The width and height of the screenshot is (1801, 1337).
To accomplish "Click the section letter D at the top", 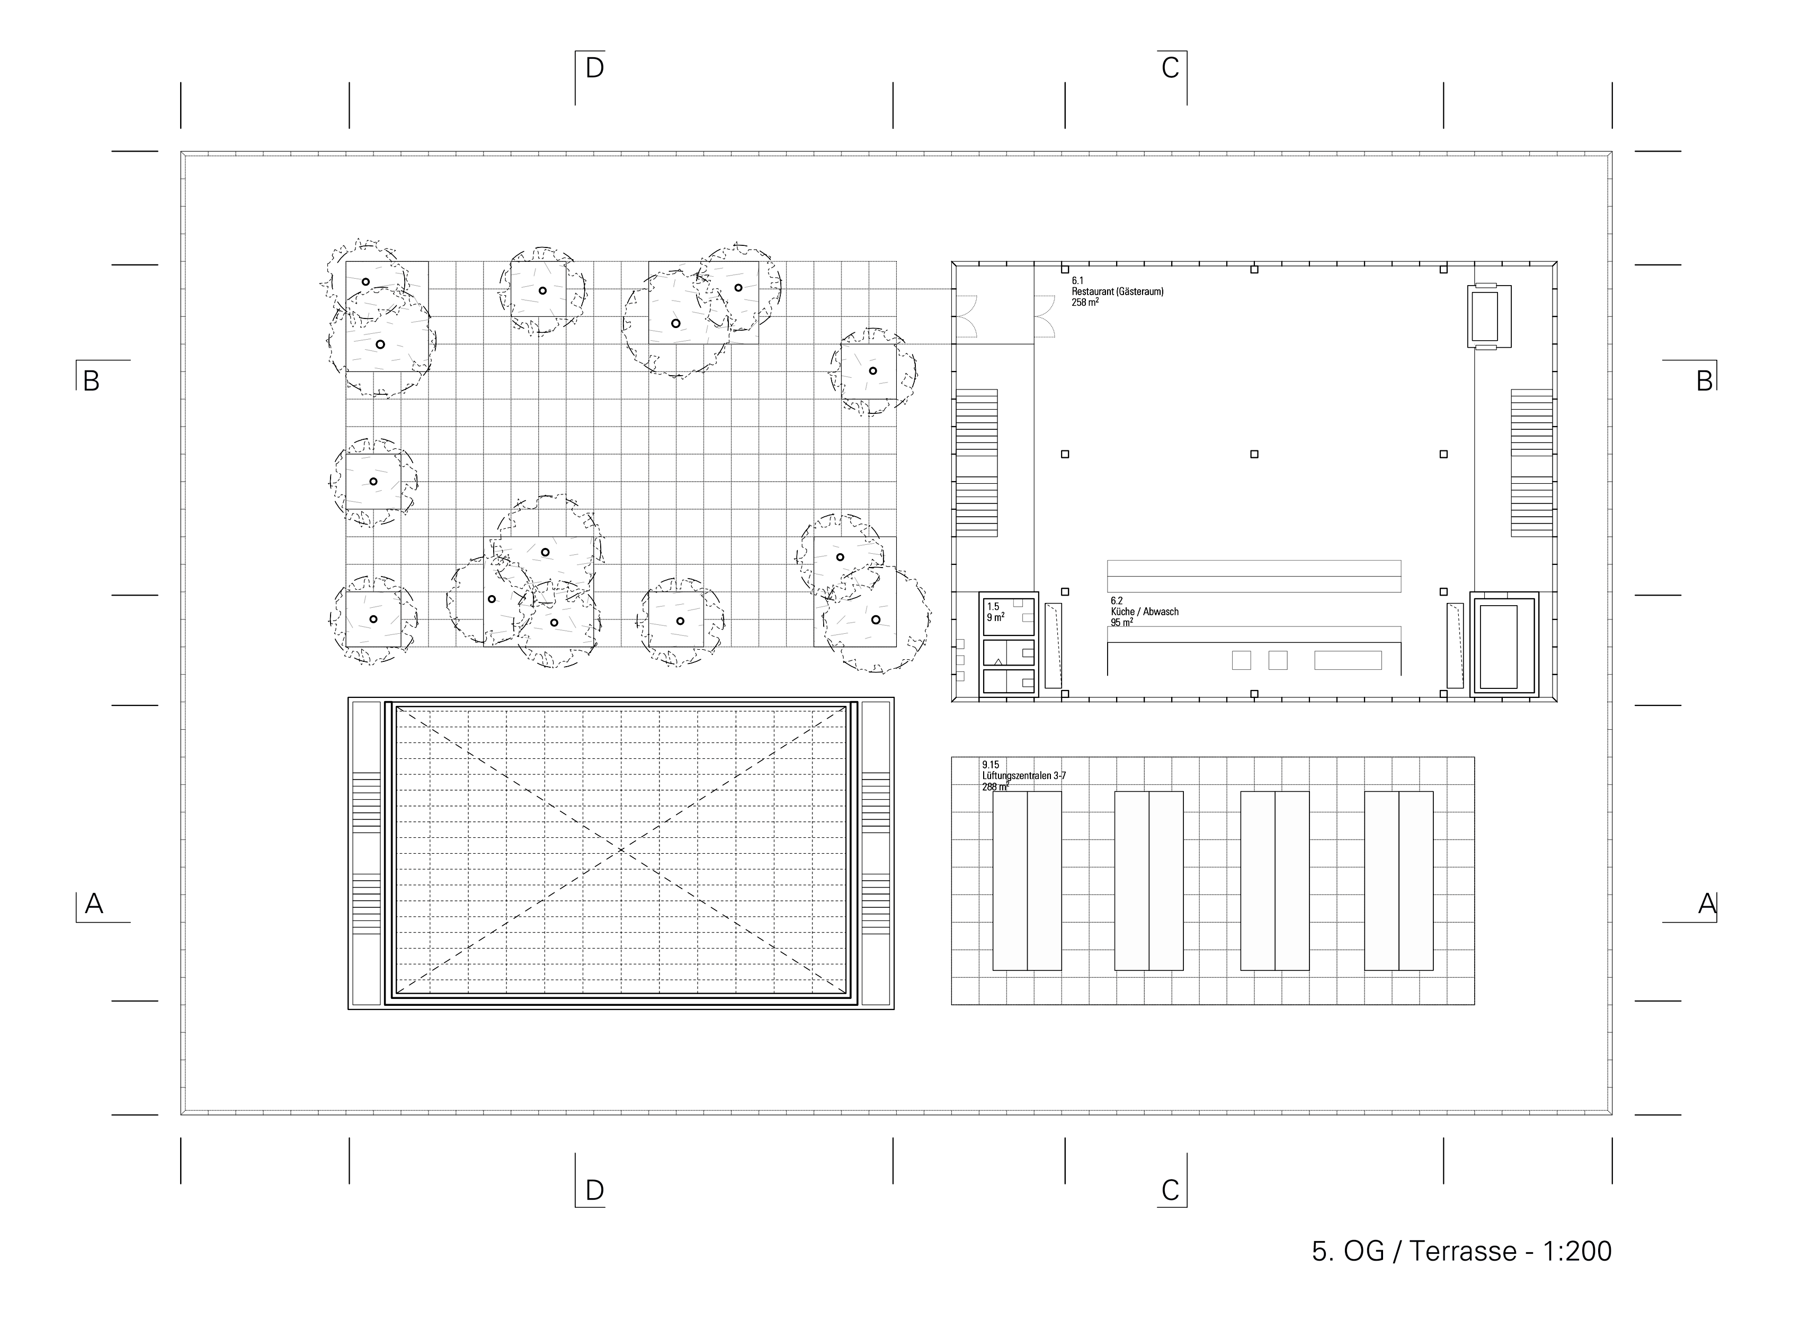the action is pyautogui.click(x=595, y=68).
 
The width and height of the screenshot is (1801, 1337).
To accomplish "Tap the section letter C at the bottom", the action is pyautogui.click(x=1170, y=1191).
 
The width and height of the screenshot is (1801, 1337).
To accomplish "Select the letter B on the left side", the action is pyautogui.click(x=92, y=381).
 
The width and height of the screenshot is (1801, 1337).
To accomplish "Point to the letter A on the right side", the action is pyautogui.click(x=1706, y=903).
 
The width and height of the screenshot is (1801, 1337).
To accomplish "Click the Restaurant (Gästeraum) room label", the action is pyautogui.click(x=1117, y=291).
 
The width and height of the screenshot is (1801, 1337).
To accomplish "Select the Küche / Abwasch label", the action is pyautogui.click(x=1145, y=612).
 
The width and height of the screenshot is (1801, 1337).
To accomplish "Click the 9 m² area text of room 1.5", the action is pyautogui.click(x=996, y=617).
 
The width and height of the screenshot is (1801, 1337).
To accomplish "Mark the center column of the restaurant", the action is pyautogui.click(x=1254, y=454).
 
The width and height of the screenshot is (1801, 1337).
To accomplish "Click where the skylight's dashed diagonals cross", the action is pyautogui.click(x=621, y=850).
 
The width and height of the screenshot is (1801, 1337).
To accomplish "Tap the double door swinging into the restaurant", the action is pyautogui.click(x=1045, y=316).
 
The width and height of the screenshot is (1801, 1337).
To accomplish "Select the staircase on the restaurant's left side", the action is pyautogui.click(x=977, y=463).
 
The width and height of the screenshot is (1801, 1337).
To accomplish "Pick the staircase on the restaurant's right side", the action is pyautogui.click(x=1531, y=463).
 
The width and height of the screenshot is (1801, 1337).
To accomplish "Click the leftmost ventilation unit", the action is pyautogui.click(x=1027, y=881).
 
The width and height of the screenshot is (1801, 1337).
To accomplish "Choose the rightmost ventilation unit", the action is pyautogui.click(x=1399, y=881).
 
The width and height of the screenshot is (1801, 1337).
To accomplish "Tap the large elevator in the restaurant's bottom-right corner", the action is pyautogui.click(x=1504, y=644).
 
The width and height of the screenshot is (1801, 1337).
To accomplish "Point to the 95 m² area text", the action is pyautogui.click(x=1121, y=622).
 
